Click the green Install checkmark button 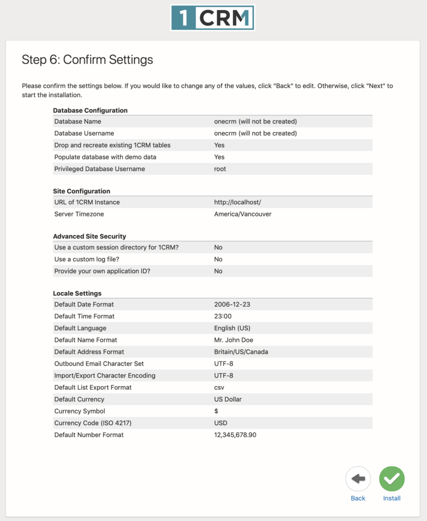pyautogui.click(x=392, y=479)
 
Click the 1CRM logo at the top pyautogui.click(x=212, y=18)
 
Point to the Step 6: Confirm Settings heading pyautogui.click(x=87, y=60)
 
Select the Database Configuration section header pyautogui.click(x=90, y=110)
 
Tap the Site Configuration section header pyautogui.click(x=82, y=191)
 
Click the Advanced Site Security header pyautogui.click(x=89, y=236)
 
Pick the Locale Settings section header pyautogui.click(x=77, y=293)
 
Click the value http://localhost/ pyautogui.click(x=238, y=202)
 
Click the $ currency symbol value pyautogui.click(x=216, y=411)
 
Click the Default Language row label pyautogui.click(x=80, y=328)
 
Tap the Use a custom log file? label pyautogui.click(x=86, y=259)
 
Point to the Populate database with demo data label pyautogui.click(x=105, y=157)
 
